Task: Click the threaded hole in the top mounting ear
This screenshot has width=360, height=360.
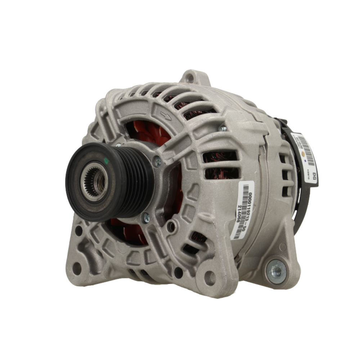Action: (190, 78)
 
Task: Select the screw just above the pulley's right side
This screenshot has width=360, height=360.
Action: (157, 162)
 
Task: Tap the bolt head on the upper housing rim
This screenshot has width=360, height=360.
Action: (223, 129)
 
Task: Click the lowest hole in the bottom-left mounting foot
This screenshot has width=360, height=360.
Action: (77, 267)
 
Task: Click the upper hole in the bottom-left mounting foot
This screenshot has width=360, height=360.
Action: (78, 231)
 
